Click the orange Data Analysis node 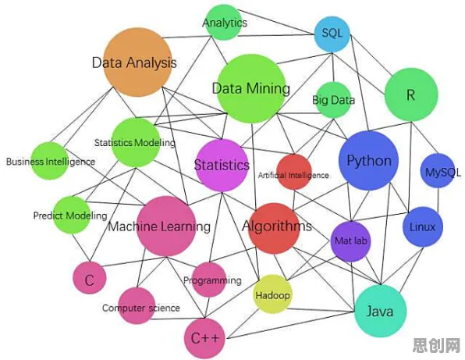click(x=137, y=62)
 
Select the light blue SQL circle click(x=332, y=34)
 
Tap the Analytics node click(x=224, y=23)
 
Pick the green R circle click(x=411, y=94)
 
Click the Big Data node click(x=333, y=100)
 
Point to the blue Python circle click(x=368, y=161)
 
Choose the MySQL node click(x=438, y=171)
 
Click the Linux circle click(x=423, y=226)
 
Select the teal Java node click(x=381, y=311)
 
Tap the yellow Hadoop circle click(x=272, y=294)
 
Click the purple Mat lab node click(x=351, y=241)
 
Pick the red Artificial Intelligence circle click(x=294, y=172)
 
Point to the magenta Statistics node click(x=222, y=166)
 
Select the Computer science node click(x=137, y=305)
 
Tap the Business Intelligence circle click(x=50, y=161)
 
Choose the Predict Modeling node click(x=72, y=215)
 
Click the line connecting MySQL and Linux click(x=438, y=200)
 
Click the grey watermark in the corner click(x=437, y=345)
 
